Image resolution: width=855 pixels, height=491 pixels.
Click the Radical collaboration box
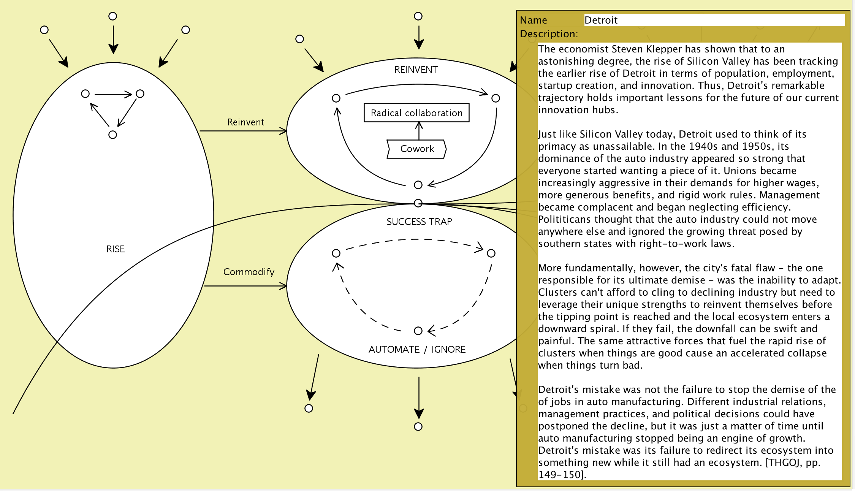pos(416,113)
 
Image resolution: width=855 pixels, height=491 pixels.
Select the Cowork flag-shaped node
pos(416,149)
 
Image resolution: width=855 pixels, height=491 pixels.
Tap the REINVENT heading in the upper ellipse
pos(416,70)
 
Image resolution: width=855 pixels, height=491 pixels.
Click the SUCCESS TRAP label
pos(419,222)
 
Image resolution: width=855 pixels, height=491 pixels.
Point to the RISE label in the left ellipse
pos(116,249)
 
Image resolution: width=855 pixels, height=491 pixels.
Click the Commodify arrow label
pos(249,272)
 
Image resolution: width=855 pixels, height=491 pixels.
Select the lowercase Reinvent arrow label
pos(245,122)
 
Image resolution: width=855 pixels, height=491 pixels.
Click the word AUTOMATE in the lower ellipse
pos(394,349)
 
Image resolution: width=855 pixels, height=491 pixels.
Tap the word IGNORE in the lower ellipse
pos(448,349)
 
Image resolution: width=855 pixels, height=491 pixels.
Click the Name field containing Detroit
pos(714,20)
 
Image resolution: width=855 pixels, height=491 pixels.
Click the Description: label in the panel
pos(549,34)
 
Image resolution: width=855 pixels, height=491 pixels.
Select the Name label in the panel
pos(533,20)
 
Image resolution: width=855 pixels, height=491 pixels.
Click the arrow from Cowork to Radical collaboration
pos(419,131)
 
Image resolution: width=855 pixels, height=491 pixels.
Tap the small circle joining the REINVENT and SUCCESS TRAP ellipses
pos(418,203)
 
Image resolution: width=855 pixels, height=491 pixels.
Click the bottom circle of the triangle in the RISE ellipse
pos(112,135)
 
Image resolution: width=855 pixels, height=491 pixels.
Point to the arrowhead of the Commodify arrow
pos(283,286)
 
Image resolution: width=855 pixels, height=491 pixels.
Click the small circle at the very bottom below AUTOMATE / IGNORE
pos(418,426)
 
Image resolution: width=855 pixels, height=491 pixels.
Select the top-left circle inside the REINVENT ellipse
pos(336,98)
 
